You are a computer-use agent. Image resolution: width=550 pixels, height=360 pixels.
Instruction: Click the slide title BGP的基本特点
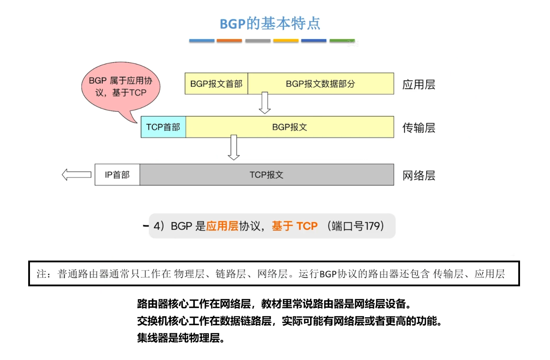[x=270, y=24]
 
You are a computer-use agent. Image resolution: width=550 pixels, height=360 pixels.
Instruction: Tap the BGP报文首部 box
[x=216, y=84]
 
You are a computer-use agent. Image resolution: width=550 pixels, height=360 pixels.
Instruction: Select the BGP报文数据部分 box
[x=320, y=84]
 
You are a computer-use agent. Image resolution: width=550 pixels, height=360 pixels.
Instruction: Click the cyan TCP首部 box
[x=163, y=127]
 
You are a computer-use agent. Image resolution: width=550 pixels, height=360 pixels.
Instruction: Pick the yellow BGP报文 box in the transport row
[x=289, y=127]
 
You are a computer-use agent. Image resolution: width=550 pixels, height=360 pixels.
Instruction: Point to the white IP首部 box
[x=117, y=175]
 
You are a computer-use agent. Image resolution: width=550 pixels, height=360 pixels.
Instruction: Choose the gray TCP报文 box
[x=267, y=175]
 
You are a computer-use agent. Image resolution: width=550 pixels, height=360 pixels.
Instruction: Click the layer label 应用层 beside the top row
[x=419, y=85]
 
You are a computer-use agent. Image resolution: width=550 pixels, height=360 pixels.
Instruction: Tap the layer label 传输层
[x=419, y=128]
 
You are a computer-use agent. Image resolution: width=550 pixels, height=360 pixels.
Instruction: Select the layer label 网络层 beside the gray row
[x=419, y=175]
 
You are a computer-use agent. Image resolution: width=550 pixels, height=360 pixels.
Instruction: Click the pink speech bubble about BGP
[x=121, y=87]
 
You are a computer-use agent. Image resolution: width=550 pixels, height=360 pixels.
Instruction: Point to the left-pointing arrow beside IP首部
[x=77, y=175]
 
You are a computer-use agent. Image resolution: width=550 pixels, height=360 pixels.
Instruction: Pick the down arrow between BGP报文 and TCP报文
[x=234, y=147]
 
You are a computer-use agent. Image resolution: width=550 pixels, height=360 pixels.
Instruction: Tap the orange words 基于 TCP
[x=295, y=226]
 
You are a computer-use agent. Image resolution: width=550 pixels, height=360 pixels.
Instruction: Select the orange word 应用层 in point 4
[x=222, y=226]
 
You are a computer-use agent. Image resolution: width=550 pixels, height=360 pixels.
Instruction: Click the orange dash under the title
[x=229, y=41]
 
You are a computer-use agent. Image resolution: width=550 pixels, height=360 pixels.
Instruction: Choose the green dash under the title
[x=342, y=41]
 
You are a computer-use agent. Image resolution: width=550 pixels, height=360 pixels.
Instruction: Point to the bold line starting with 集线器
[x=181, y=338]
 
